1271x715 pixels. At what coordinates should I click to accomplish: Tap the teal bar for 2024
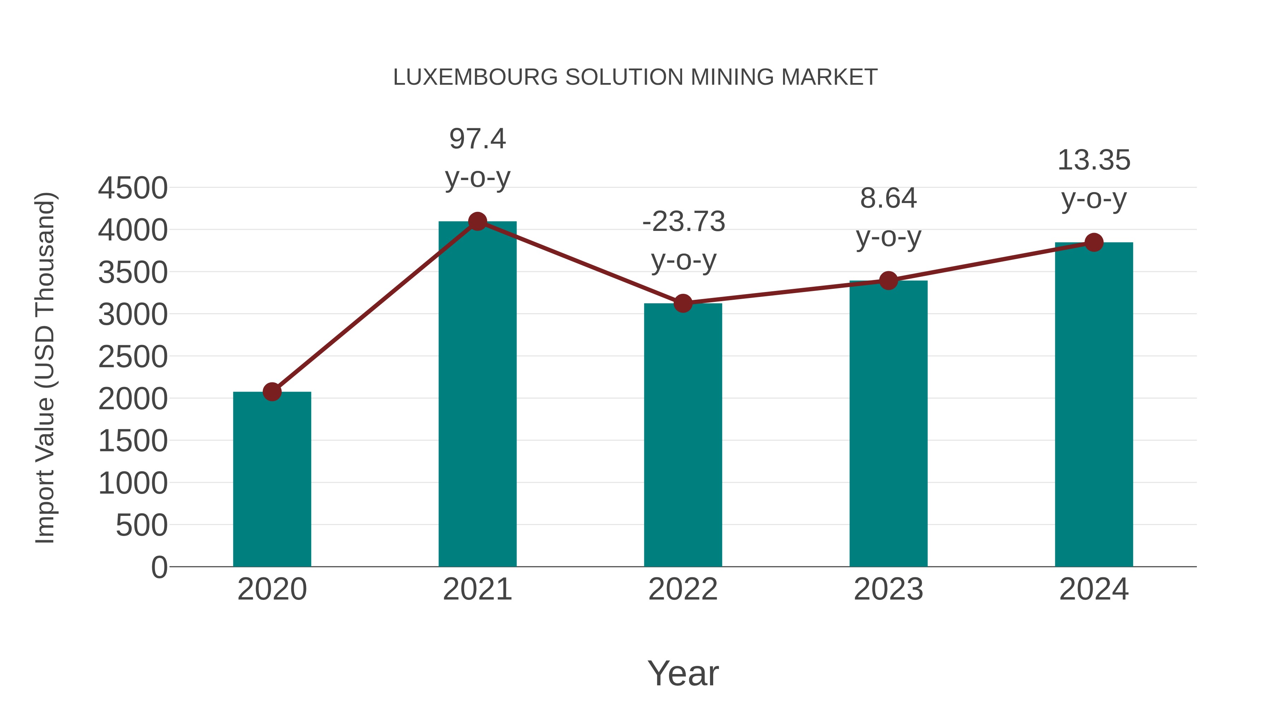[1094, 405]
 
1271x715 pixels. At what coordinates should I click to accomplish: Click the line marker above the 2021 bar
[477, 221]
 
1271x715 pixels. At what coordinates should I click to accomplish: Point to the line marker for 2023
[888, 280]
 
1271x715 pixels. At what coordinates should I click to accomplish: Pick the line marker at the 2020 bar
[272, 392]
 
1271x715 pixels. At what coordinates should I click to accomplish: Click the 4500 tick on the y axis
[133, 188]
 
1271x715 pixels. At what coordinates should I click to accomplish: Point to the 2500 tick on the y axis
[133, 357]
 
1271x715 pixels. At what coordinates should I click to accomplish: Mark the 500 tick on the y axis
[141, 525]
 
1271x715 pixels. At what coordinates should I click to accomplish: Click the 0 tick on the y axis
[159, 567]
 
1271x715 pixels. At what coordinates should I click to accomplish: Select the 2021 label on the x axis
[477, 589]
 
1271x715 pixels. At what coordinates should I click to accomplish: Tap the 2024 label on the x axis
[1094, 589]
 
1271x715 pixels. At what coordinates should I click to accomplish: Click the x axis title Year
[683, 673]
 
